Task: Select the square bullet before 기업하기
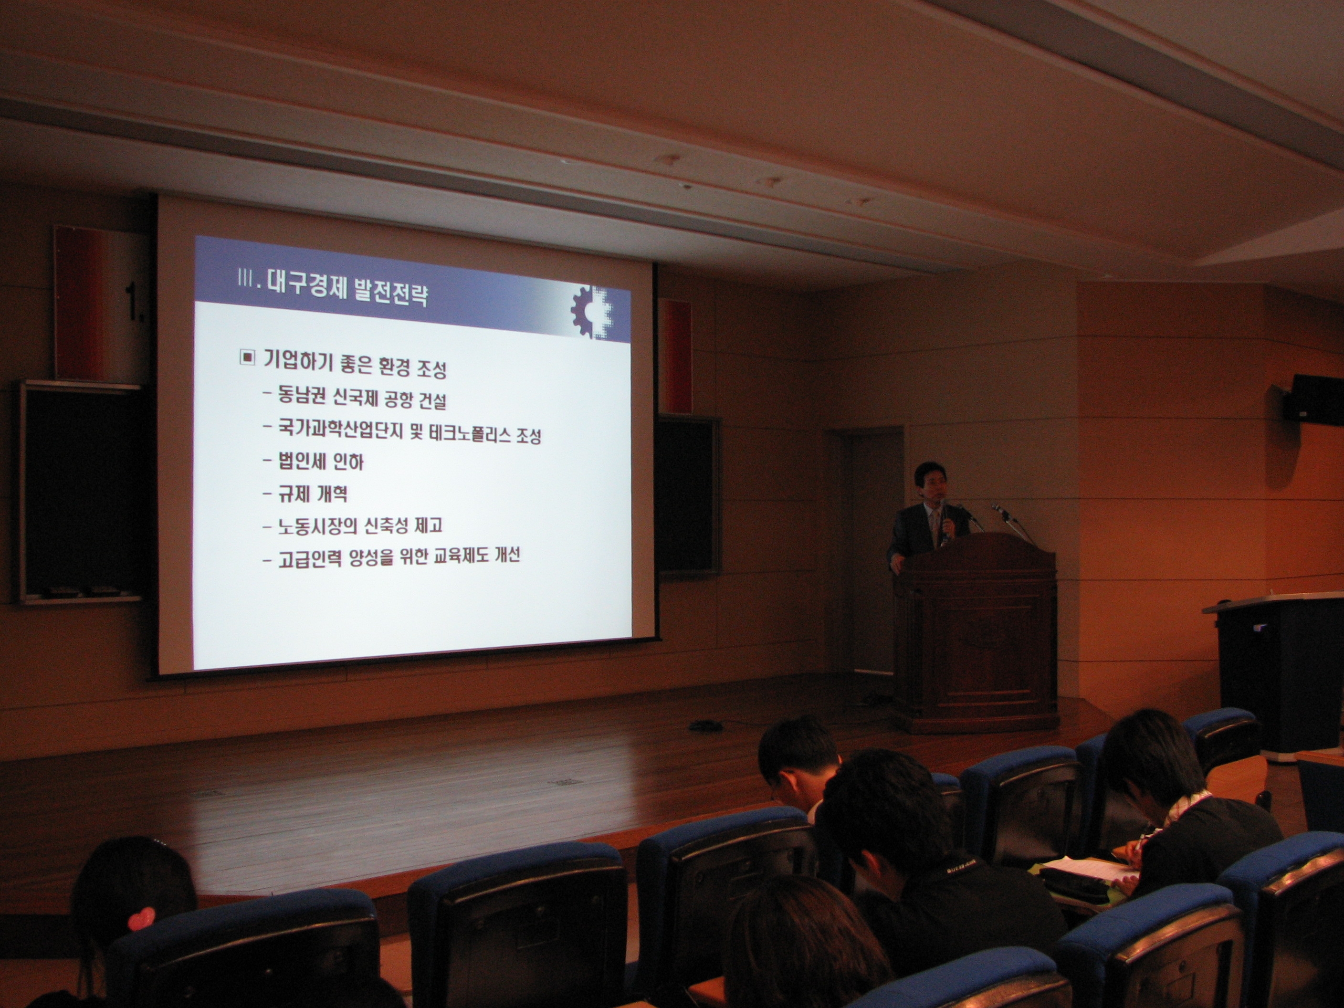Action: click(x=247, y=357)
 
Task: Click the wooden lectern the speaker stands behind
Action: click(x=975, y=632)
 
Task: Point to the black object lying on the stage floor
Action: click(x=705, y=725)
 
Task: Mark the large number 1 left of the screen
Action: click(x=133, y=301)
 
